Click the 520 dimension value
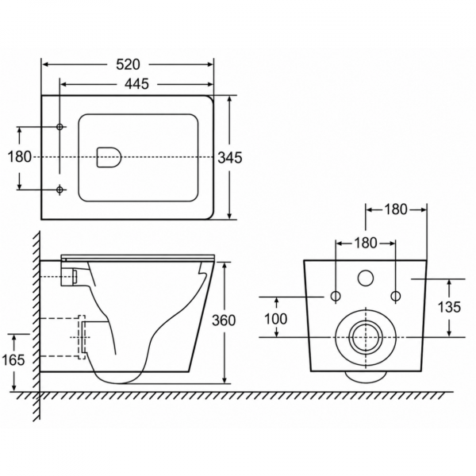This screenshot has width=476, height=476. pyautogui.click(x=128, y=64)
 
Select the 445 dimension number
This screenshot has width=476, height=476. pyautogui.click(x=137, y=84)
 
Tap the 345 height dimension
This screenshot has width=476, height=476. pyautogui.click(x=230, y=158)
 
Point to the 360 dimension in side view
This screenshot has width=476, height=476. pyautogui.click(x=224, y=321)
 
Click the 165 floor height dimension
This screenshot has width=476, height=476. pyautogui.click(x=13, y=360)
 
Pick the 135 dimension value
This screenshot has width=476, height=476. pyautogui.click(x=449, y=307)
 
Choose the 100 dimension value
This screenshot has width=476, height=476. pyautogui.click(x=275, y=319)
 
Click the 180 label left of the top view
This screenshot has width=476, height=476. pyautogui.click(x=19, y=157)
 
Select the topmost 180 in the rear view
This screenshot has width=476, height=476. pyautogui.click(x=396, y=209)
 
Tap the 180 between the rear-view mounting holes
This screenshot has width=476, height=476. pyautogui.click(x=366, y=243)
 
